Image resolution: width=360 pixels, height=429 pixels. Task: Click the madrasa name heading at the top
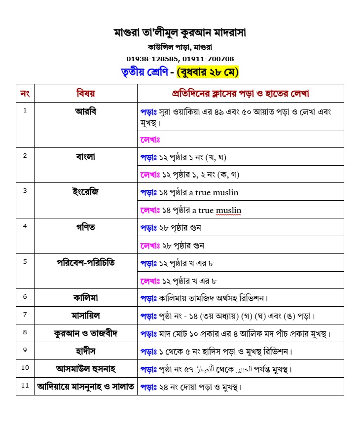click(x=180, y=34)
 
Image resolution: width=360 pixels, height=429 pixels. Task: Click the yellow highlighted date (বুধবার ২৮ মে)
click(x=208, y=72)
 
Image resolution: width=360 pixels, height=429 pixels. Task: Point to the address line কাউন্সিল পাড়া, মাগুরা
click(x=180, y=47)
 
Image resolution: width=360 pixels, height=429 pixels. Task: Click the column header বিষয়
click(x=85, y=93)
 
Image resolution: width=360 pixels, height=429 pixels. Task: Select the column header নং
click(x=25, y=93)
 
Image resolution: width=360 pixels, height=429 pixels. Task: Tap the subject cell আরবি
click(x=85, y=111)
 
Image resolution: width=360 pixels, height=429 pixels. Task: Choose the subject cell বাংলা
click(x=85, y=157)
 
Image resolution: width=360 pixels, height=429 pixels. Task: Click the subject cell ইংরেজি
click(x=85, y=192)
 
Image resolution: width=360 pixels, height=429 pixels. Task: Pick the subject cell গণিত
click(x=85, y=227)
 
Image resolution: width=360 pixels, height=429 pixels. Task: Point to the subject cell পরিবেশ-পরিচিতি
click(x=85, y=263)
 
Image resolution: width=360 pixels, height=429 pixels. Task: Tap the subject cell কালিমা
click(x=85, y=298)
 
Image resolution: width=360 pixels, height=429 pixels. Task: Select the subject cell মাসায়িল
click(x=85, y=316)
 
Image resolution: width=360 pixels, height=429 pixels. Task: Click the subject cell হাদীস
click(x=85, y=351)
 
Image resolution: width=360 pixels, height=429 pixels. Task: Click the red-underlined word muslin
click(x=228, y=211)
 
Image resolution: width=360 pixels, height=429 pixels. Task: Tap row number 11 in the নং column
click(x=25, y=386)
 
